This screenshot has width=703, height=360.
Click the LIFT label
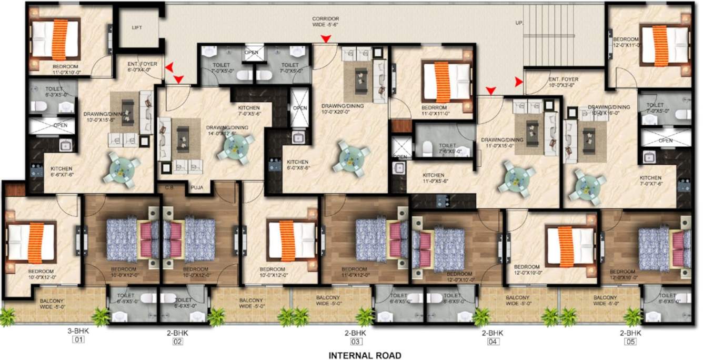[x=137, y=28]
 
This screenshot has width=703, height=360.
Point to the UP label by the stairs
[x=519, y=23]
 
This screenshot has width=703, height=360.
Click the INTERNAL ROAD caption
[x=365, y=355]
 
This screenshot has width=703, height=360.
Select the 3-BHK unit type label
[x=76, y=333]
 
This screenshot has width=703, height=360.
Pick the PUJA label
[x=197, y=186]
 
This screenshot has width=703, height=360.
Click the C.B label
[x=170, y=186]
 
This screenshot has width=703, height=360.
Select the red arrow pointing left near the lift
[x=169, y=67]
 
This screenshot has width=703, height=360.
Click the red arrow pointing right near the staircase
[x=518, y=82]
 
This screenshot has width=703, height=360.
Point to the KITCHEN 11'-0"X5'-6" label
[x=433, y=178]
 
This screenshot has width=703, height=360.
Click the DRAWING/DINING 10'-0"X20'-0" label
[x=343, y=108]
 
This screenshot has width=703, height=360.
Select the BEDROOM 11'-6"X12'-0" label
[x=366, y=272]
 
